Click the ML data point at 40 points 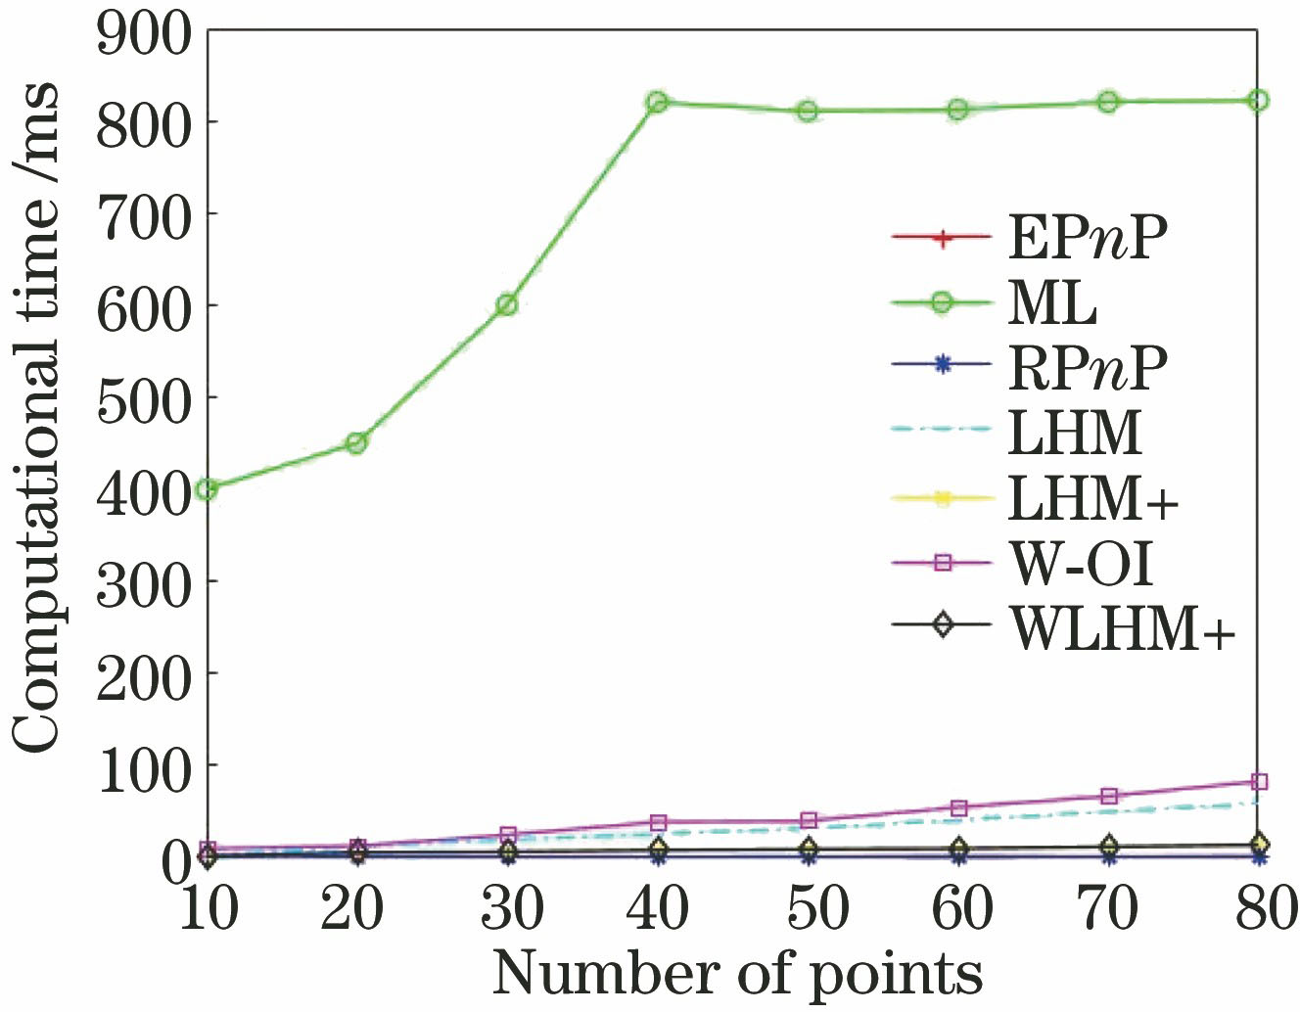(x=657, y=102)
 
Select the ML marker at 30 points (x=506, y=304)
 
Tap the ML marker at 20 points (x=356, y=442)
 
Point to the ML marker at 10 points (x=207, y=488)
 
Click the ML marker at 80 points (x=1259, y=100)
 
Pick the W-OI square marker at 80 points (x=1259, y=781)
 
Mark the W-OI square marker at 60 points (x=958, y=807)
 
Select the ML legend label (x=1052, y=302)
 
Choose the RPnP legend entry (x=1088, y=366)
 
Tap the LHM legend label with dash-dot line (x=1074, y=431)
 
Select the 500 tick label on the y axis (x=144, y=397)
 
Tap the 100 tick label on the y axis (x=144, y=764)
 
